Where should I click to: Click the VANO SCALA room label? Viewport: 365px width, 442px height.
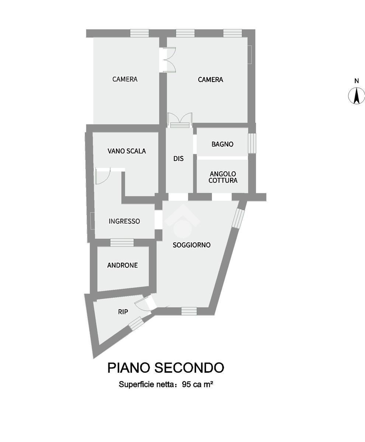pos(126,151)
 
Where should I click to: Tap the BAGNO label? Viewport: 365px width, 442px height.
pos(222,144)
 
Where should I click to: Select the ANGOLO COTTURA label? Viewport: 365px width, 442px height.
pos(223,177)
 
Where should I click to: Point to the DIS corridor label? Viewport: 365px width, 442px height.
pos(178,159)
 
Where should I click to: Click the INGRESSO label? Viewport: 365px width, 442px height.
pos(124,221)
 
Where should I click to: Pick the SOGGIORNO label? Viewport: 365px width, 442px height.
pos(191,245)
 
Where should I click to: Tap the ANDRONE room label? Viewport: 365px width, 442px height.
pos(122,265)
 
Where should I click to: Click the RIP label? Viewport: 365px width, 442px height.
pos(123,312)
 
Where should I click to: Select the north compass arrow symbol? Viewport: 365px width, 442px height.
pos(357,96)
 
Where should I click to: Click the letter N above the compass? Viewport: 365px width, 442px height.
pos(357,81)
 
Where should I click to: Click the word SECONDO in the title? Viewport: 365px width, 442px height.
pos(189,368)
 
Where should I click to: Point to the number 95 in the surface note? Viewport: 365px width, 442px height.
pos(186,385)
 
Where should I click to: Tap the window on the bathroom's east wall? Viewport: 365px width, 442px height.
pos(252,143)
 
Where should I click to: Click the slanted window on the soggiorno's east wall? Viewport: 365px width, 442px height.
pos(238,218)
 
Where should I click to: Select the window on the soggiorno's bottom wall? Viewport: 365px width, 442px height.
pos(189,311)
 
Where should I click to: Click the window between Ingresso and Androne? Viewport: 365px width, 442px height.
pos(122,242)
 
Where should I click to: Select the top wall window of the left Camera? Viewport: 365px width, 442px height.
pos(139,33)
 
